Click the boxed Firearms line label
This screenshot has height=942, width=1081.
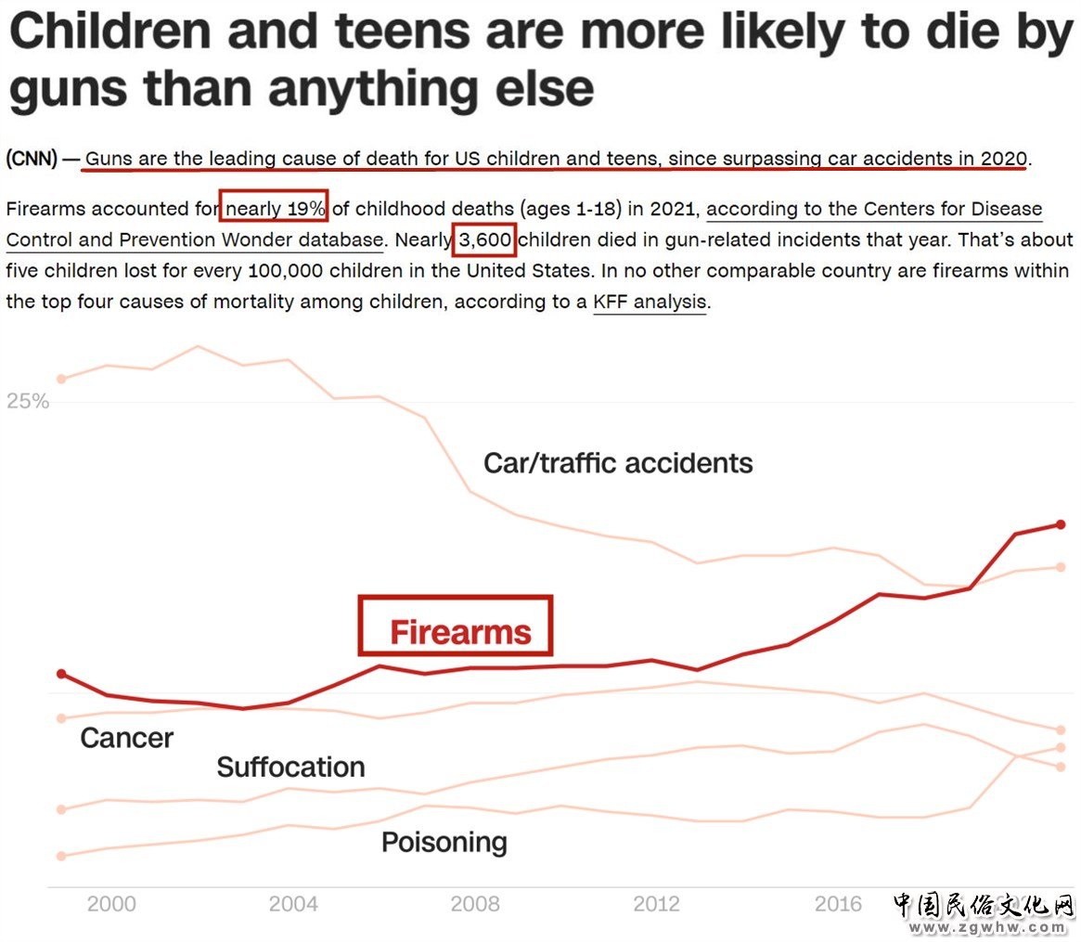[x=460, y=632]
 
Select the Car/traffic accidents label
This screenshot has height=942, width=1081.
[x=618, y=462]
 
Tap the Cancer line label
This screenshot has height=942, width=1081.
[x=127, y=738]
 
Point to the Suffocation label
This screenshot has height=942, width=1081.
[x=290, y=768]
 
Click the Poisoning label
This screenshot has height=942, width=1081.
[x=444, y=842]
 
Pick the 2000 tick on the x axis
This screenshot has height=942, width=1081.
[x=110, y=904]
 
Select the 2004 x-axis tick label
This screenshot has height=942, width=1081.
[x=293, y=904]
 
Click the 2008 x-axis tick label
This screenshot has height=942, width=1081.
[x=474, y=904]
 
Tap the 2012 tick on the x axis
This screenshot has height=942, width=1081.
[x=656, y=904]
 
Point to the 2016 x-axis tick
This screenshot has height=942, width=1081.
[x=838, y=904]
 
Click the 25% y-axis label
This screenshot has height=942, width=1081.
[x=28, y=402]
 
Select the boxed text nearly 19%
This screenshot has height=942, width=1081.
[x=275, y=209]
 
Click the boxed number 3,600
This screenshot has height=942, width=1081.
[x=484, y=240]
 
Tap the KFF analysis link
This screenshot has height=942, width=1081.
[x=650, y=302]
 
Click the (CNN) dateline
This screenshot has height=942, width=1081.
[x=32, y=159]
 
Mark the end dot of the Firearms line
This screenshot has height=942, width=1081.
[x=1061, y=524]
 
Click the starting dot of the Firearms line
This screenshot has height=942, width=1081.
[x=61, y=674]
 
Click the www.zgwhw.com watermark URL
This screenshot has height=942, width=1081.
[x=988, y=927]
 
